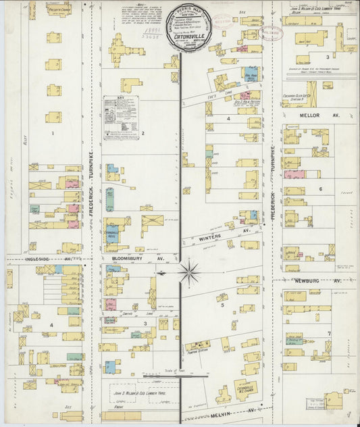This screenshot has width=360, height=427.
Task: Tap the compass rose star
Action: pyautogui.click(x=190, y=273)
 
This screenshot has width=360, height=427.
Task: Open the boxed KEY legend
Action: pyautogui.click(x=122, y=118)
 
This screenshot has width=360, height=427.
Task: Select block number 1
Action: pyautogui.click(x=52, y=133)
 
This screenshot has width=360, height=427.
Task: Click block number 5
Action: pyautogui.click(x=222, y=305)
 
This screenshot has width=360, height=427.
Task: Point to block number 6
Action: pyautogui.click(x=321, y=189)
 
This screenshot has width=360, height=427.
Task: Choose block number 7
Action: pyautogui.click(x=329, y=334)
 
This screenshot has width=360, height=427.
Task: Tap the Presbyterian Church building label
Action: pyautogui.click(x=59, y=10)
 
